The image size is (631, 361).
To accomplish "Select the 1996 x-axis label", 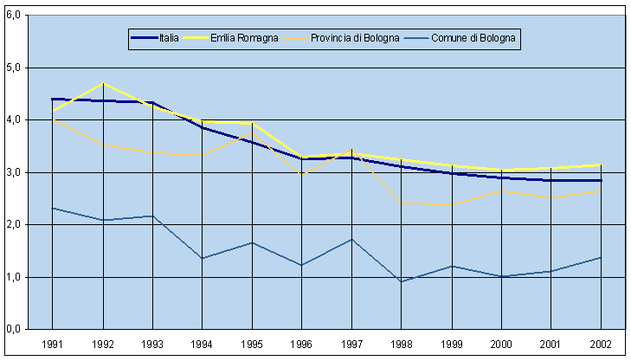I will tap(301, 345).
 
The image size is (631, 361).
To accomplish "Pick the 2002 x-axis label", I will tap(601, 345).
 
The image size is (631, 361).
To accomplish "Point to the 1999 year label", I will tap(451, 345).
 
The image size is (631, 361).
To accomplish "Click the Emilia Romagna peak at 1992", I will tap(102, 83).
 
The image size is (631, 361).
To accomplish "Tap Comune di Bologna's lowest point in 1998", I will tap(401, 281).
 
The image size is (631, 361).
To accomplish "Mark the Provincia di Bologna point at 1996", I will tap(301, 175).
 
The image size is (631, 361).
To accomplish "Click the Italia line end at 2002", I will tap(601, 180).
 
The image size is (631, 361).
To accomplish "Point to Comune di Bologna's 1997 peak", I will tap(351, 239).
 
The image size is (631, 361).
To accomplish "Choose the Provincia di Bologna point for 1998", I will tap(401, 203).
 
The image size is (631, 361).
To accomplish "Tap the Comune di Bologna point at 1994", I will tap(202, 258).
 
